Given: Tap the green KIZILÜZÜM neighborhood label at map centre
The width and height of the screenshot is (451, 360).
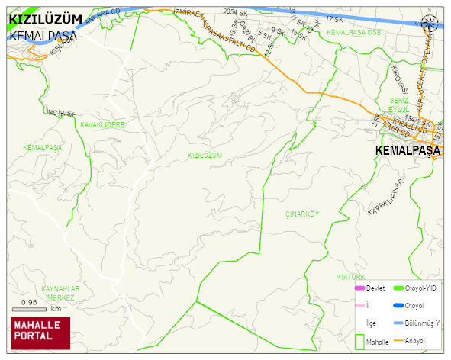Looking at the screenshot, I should coord(205,155).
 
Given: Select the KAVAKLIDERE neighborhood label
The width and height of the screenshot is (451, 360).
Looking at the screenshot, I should coord(101,124).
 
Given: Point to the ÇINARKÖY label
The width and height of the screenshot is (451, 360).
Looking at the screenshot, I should coord(301,214).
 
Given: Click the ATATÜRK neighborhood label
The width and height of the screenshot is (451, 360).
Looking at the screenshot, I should coord(351,277).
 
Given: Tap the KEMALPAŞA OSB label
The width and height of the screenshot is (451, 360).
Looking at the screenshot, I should coord(353,33).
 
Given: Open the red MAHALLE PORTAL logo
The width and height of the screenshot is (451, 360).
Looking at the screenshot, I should coord(40,331).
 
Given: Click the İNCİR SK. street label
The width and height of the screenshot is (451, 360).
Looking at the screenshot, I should coord(61,114).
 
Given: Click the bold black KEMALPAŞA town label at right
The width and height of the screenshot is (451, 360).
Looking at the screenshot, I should coord(408,151).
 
